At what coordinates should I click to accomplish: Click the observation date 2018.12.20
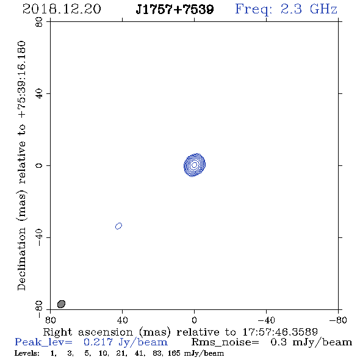(x=62, y=9)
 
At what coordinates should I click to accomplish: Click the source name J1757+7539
(x=175, y=9)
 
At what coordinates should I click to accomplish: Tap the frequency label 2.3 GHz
(x=309, y=9)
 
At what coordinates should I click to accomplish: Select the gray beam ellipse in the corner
(x=61, y=304)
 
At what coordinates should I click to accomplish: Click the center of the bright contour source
(x=195, y=165)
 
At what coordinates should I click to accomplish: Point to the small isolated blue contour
(x=118, y=226)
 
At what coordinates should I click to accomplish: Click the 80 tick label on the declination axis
(x=39, y=22)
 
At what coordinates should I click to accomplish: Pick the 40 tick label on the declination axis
(x=39, y=94)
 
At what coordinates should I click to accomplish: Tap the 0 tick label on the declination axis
(x=39, y=165)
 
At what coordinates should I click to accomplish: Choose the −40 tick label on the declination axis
(x=39, y=237)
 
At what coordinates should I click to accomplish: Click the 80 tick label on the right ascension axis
(x=50, y=320)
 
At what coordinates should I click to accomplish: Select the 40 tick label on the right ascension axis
(x=122, y=320)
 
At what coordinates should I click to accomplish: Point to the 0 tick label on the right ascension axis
(x=194, y=320)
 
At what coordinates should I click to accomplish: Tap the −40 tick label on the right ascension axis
(x=266, y=320)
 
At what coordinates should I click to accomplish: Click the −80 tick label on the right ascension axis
(x=338, y=320)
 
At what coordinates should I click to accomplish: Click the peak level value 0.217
(x=98, y=342)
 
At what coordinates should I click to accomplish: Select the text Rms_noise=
(x=225, y=342)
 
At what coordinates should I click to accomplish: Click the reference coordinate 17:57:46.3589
(x=280, y=332)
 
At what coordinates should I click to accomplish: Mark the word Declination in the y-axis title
(x=21, y=259)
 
